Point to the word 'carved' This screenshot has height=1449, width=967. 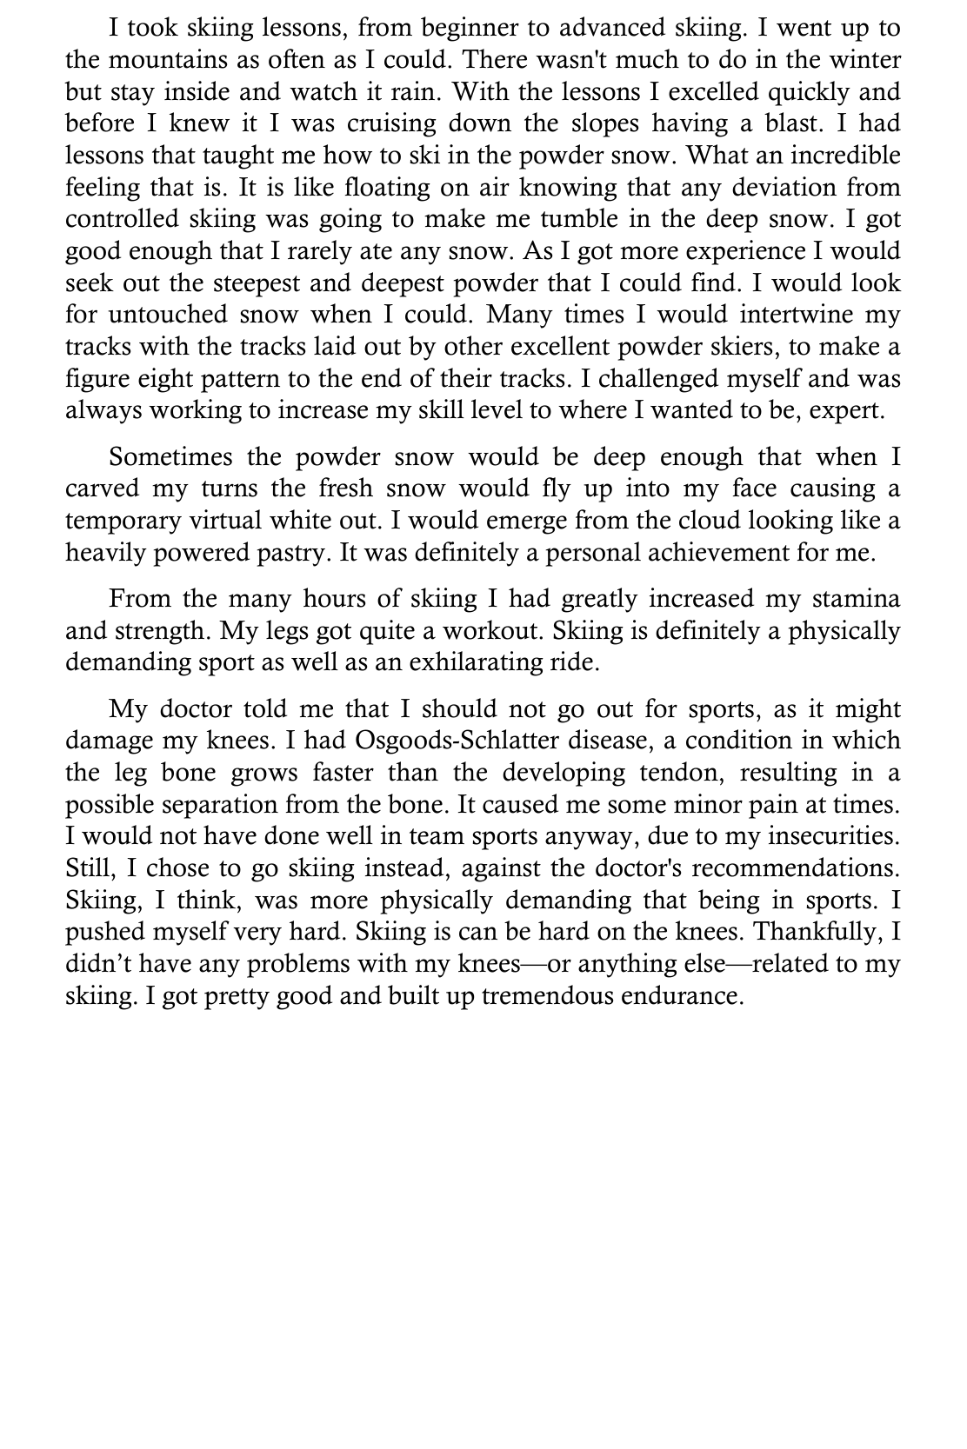tap(102, 489)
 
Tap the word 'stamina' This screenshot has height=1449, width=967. tap(856, 600)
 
